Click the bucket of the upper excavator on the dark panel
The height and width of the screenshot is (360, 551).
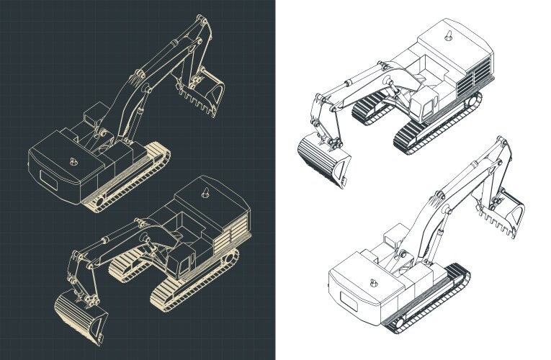click(x=205, y=90)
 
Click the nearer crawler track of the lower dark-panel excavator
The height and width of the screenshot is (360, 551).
click(x=191, y=284)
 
